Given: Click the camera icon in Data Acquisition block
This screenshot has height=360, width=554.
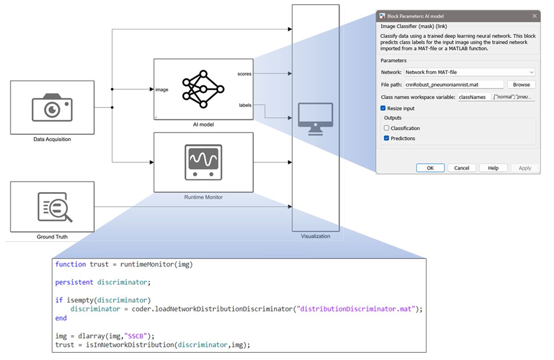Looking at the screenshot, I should pos(52,107).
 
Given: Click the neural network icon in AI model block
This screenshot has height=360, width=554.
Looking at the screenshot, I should pos(203,89).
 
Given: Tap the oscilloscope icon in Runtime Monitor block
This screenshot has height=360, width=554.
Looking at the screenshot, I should pos(203,162).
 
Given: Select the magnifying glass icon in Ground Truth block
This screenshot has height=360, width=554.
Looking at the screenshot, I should pos(54,207).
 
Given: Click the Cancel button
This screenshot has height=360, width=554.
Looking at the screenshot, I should pos(461,168).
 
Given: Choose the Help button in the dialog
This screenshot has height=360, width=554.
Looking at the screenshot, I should pos(493,168).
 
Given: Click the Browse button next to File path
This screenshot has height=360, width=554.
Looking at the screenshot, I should pos(521,84).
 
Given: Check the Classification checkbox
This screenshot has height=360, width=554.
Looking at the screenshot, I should pos(387,128).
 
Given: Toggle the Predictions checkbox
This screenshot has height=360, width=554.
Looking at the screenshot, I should pos(387,138).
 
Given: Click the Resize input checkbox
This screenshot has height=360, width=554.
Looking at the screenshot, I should pos(383,108).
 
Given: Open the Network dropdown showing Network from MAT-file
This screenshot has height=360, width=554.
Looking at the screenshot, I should pos(470,72).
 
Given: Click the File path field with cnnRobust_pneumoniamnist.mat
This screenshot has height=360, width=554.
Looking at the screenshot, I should pos(453,84).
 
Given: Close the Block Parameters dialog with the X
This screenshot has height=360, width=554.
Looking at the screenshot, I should pos(535,16).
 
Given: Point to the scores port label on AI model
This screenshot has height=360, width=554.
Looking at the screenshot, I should pos(244,74).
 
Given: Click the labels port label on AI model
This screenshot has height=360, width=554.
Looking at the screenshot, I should pos(245,105).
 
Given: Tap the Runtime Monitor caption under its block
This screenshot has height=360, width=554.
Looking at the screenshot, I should pos(203,197).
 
